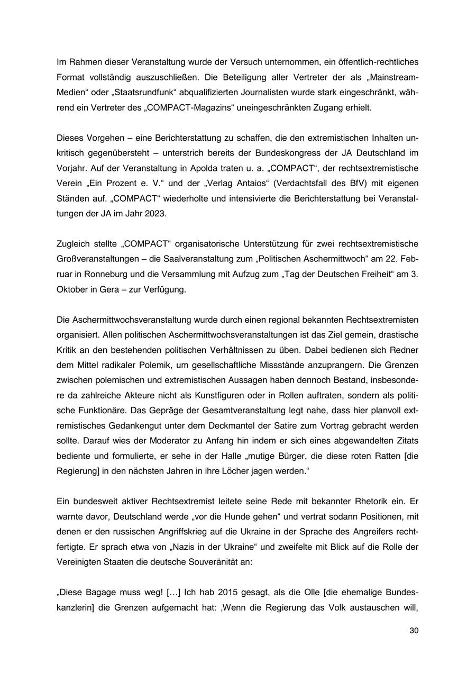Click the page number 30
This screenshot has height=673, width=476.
(414, 631)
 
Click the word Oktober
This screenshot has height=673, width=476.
(71, 289)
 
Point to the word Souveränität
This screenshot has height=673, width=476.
(217, 562)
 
